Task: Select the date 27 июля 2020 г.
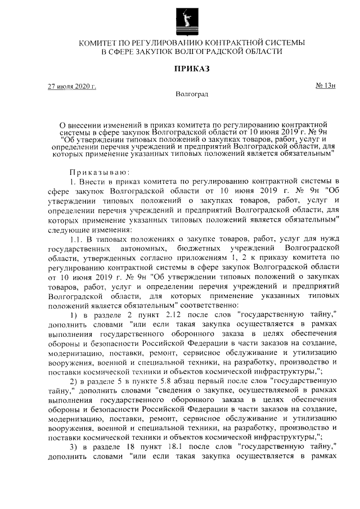point(71,87)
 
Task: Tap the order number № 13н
point(325,86)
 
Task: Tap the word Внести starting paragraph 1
point(95,181)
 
